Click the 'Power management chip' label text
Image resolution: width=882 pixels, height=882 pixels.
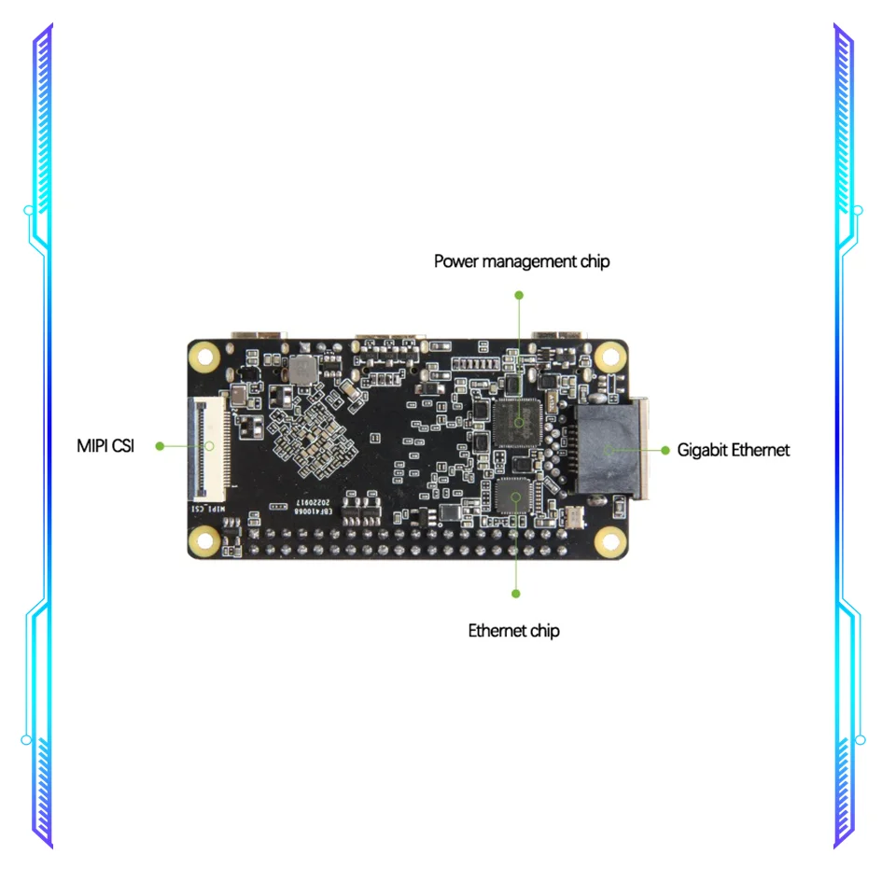[521, 261]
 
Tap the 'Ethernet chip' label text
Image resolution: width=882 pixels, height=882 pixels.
[513, 631]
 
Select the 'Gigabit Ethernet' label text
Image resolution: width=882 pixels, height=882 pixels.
[734, 450]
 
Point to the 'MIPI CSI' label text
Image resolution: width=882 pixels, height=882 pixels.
[105, 446]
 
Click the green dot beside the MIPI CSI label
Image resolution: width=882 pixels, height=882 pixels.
[160, 446]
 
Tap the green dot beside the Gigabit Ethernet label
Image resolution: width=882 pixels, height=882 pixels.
[665, 450]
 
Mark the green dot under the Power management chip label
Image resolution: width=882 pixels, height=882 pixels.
[519, 294]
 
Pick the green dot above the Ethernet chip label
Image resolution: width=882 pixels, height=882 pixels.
[515, 593]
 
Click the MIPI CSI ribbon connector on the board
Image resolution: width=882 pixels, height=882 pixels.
[207, 446]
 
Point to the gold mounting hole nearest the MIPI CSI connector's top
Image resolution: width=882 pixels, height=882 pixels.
[204, 355]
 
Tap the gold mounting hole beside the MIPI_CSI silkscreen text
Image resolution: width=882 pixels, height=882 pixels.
[204, 539]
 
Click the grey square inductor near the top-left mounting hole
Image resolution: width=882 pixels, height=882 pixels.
[301, 368]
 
